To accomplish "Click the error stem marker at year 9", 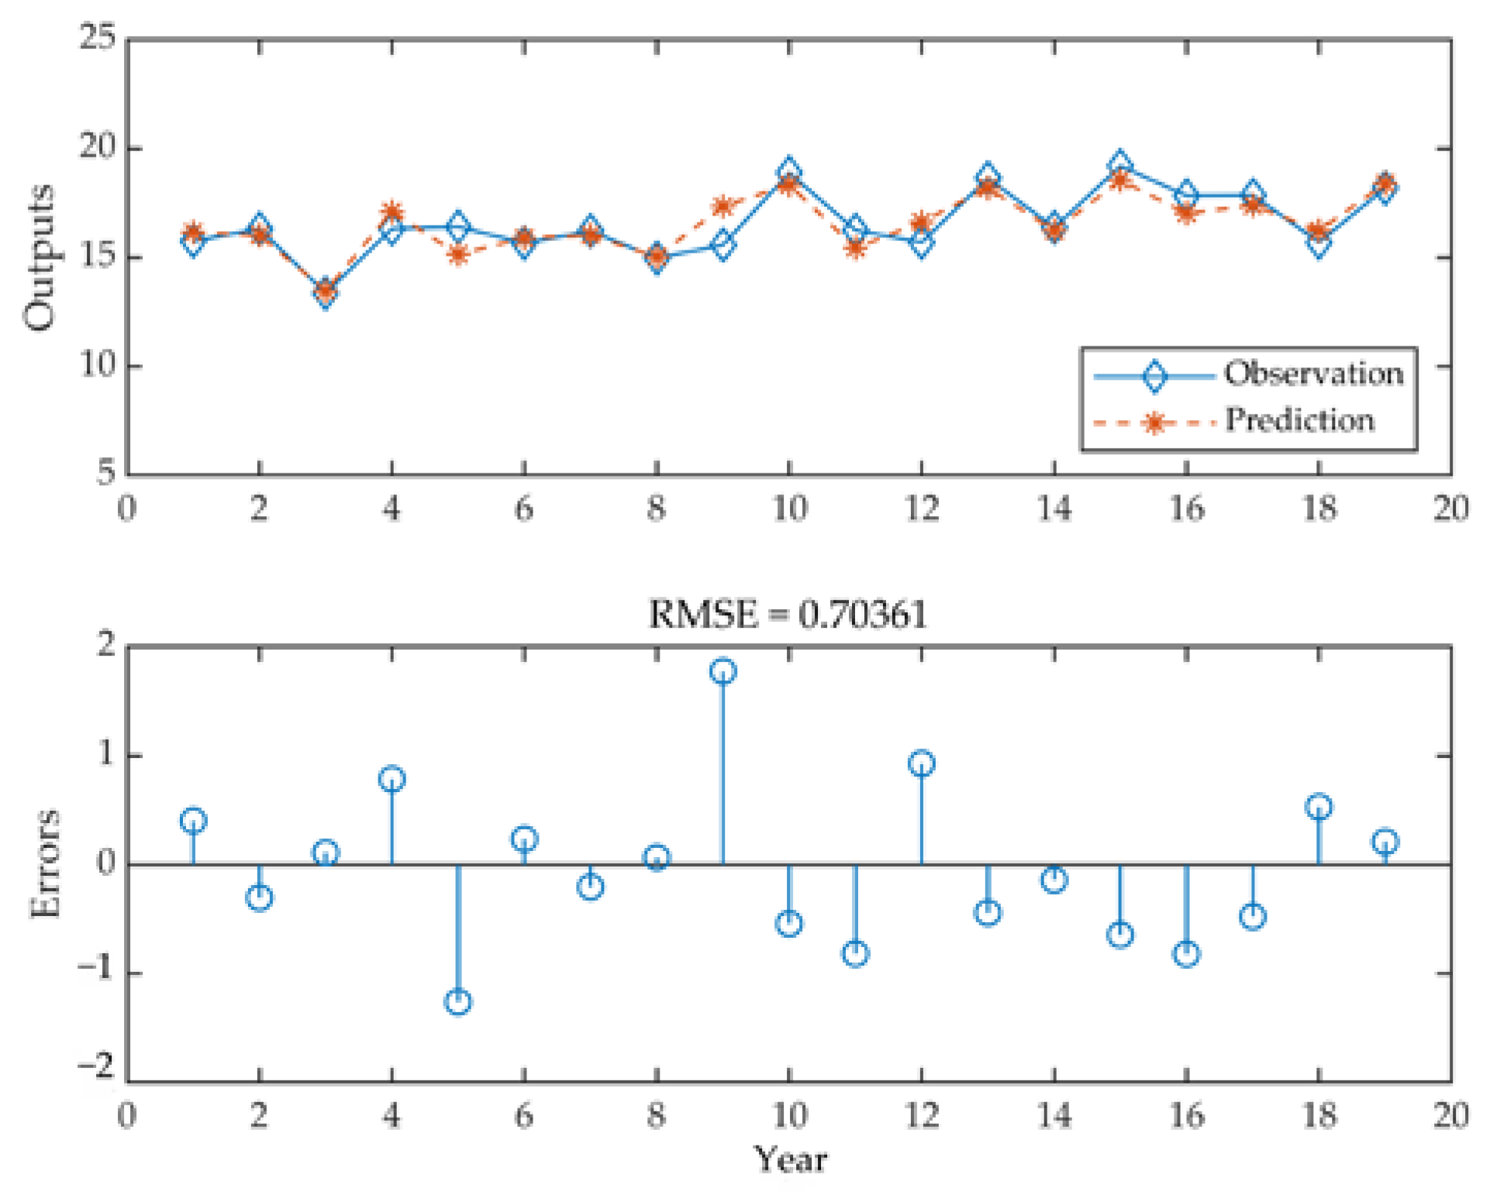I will click(x=723, y=671).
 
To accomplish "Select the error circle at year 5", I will click(x=458, y=1002).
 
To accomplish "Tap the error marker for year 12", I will click(x=922, y=763).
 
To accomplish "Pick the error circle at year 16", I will click(x=1186, y=953).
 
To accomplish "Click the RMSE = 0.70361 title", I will click(x=788, y=615).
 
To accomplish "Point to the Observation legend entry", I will click(x=1313, y=374).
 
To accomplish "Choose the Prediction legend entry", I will click(x=1299, y=421).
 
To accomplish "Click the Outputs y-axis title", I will click(x=39, y=257).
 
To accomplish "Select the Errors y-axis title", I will click(x=45, y=863).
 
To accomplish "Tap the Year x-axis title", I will click(x=790, y=1160).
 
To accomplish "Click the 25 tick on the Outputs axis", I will click(x=98, y=37).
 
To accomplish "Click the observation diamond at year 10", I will click(x=789, y=171).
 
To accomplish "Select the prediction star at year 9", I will click(x=723, y=206).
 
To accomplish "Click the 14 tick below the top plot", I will click(x=1054, y=509).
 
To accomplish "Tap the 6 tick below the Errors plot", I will click(x=524, y=1116).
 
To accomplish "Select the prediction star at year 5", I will click(x=458, y=253).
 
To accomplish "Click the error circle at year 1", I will click(x=193, y=820).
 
